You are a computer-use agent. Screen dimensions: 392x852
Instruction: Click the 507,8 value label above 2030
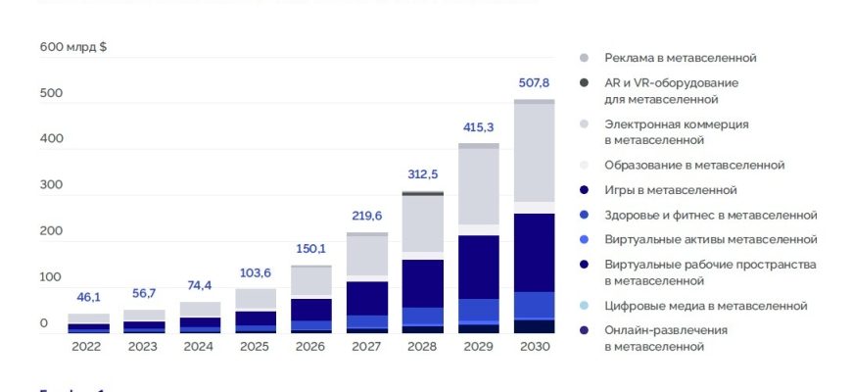pyautogui.click(x=534, y=82)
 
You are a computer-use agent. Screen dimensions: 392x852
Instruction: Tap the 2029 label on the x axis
pyautogui.click(x=479, y=346)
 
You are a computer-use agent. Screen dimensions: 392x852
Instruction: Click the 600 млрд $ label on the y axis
pyautogui.click(x=72, y=46)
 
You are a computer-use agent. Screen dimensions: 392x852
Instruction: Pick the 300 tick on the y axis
pyautogui.click(x=51, y=184)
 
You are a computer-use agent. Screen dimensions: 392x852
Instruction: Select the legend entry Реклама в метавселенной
pyautogui.click(x=680, y=58)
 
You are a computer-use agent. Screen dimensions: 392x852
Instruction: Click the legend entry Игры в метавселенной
pyautogui.click(x=670, y=189)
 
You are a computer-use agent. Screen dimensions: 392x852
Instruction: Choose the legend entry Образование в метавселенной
pyautogui.click(x=694, y=165)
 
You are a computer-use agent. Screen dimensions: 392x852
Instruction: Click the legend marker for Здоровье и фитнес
pyautogui.click(x=584, y=215)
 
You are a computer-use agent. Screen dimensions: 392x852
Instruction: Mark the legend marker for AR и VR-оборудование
pyautogui.click(x=584, y=83)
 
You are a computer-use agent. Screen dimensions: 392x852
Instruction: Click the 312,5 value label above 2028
pyautogui.click(x=423, y=173)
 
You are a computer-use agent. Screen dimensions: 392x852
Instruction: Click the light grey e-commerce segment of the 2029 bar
pyautogui.click(x=479, y=186)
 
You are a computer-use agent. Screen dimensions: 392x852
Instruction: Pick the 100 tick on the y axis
pyautogui.click(x=51, y=277)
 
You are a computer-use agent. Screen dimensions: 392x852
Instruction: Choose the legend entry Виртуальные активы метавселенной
pyautogui.click(x=710, y=239)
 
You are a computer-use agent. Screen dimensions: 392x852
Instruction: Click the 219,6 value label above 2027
pyautogui.click(x=367, y=217)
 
